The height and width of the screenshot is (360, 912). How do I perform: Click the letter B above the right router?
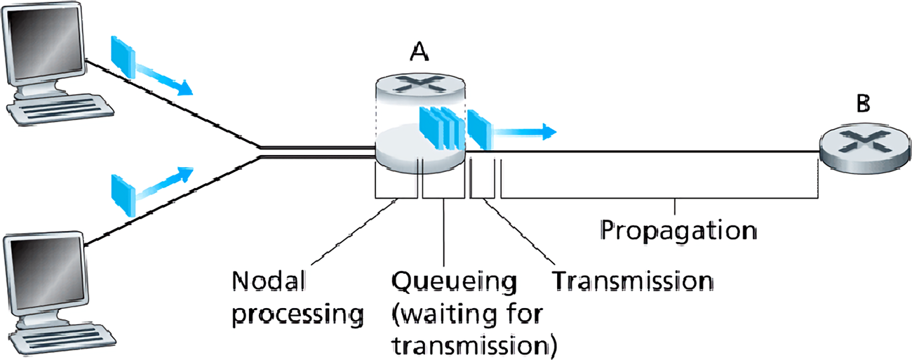(863, 105)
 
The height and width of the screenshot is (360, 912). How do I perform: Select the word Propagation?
(678, 230)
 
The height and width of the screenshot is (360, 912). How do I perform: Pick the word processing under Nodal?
(299, 314)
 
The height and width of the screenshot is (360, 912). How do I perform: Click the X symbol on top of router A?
(419, 85)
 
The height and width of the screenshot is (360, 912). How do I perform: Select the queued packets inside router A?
(441, 126)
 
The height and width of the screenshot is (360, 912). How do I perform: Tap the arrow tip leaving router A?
(551, 131)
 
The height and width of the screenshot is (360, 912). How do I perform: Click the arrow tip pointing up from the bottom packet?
(187, 171)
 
